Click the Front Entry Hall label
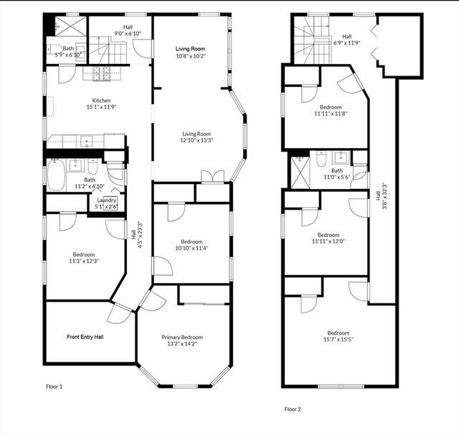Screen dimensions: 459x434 coord(85,337)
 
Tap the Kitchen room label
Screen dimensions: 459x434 coord(101,101)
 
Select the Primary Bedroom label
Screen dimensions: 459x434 coord(182,337)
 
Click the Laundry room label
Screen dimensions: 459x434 coord(107,200)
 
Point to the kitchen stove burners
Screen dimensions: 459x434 coord(101,74)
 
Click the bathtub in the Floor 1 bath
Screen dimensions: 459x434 coord(56,175)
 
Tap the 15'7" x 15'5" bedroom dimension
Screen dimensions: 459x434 coord(339,340)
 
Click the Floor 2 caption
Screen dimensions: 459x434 coord(293,409)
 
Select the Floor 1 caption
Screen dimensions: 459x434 coord(55,387)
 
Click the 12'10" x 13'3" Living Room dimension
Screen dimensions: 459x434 coord(197,140)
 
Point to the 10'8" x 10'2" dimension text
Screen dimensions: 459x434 coord(190,56)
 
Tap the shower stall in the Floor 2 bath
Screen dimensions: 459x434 coord(300,172)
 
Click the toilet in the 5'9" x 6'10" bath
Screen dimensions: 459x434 coord(55,50)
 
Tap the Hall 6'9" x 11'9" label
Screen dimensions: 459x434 coord(347,40)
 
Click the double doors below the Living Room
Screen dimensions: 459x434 coord(213,177)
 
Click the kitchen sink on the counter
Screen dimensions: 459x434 coord(87,142)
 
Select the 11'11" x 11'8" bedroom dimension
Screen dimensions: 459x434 coord(331,114)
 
